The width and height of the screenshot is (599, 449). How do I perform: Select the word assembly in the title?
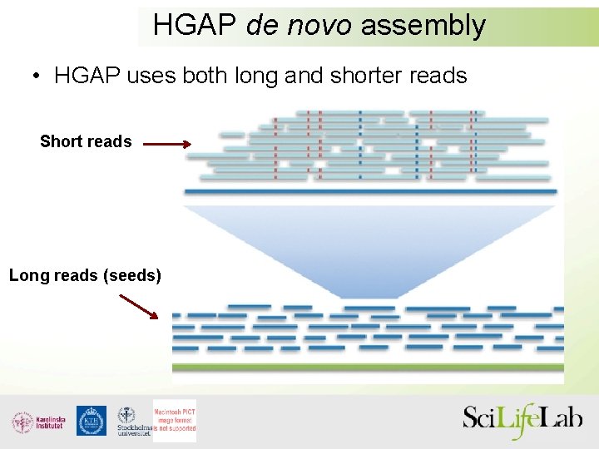pyautogui.click(x=423, y=26)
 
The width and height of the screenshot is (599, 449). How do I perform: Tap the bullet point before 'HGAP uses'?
pyautogui.click(x=37, y=77)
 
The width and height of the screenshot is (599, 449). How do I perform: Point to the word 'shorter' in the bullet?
pyautogui.click(x=368, y=76)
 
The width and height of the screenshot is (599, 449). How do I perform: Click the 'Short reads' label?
pyautogui.click(x=86, y=141)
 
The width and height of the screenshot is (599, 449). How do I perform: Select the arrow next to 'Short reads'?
pyautogui.click(x=166, y=143)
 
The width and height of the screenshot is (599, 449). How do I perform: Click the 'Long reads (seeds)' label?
pyautogui.click(x=85, y=274)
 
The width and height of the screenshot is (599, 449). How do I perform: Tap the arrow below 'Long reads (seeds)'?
pyautogui.click(x=138, y=306)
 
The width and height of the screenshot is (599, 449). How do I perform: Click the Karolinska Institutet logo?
pyautogui.click(x=38, y=422)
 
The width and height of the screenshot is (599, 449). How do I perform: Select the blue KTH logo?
pyautogui.click(x=91, y=421)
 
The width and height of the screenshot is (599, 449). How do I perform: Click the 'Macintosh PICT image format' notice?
pyautogui.click(x=174, y=420)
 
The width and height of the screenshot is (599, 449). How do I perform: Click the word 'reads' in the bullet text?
pyautogui.click(x=438, y=76)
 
